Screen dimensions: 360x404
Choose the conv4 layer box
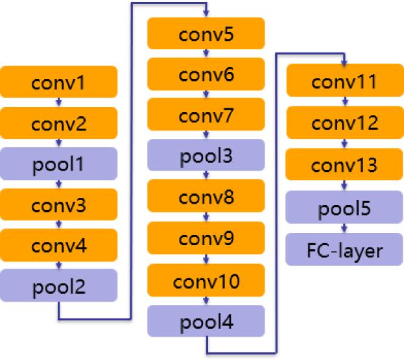point(59,245)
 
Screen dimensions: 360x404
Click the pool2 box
point(59,285)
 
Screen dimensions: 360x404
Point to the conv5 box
point(206,33)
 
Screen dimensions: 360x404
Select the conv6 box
point(206,74)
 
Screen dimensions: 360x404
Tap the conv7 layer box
point(206,115)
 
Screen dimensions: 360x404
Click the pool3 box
point(206,156)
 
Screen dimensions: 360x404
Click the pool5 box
point(344,209)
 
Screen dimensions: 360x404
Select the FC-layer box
point(344,250)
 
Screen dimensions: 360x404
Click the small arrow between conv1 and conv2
point(59,102)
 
